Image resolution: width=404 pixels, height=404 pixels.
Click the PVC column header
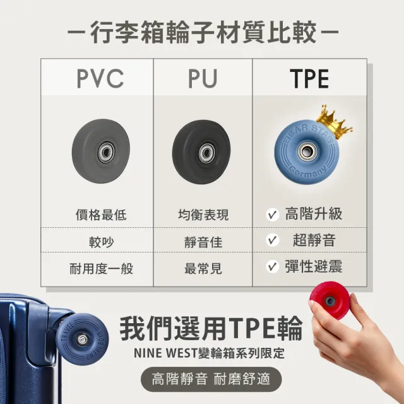(x=100, y=78)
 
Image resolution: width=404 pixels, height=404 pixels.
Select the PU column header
(x=203, y=78)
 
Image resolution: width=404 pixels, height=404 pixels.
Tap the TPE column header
(x=309, y=78)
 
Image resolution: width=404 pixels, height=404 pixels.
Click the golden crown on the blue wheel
(x=335, y=122)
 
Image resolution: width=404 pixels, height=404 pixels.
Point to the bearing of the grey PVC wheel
(x=106, y=152)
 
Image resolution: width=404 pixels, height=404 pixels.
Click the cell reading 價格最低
(x=101, y=215)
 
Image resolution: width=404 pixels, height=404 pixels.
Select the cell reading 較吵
(x=101, y=242)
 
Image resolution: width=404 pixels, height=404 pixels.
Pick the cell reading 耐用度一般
(x=101, y=269)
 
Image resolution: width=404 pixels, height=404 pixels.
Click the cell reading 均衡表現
(x=203, y=215)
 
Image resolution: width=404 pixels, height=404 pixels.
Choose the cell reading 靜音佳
(x=203, y=242)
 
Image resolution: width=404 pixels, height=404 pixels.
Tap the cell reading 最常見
(x=203, y=269)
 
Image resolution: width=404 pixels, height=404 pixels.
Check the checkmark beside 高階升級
(x=272, y=215)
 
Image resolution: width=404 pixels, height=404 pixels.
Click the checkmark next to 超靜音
(x=272, y=240)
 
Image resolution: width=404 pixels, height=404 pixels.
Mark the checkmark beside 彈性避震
(x=272, y=266)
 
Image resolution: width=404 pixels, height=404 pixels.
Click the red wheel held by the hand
(x=330, y=300)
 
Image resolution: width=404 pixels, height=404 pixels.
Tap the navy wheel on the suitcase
(x=82, y=340)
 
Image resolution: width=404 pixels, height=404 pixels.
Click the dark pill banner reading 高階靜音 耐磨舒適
(x=211, y=379)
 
